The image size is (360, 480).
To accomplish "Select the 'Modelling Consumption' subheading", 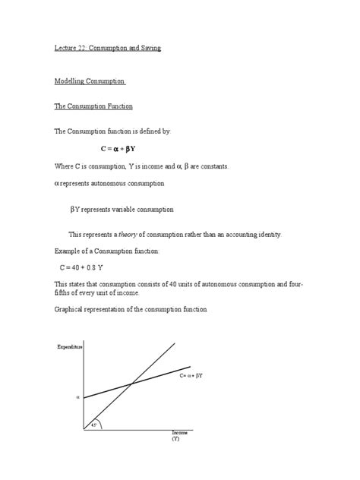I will click(90, 81).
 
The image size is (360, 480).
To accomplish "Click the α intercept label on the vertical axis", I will click(77, 397).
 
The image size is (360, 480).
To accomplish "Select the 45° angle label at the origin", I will click(94, 424).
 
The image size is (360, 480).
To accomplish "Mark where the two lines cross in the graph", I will click(131, 384).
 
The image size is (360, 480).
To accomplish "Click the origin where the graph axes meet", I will click(84, 429).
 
